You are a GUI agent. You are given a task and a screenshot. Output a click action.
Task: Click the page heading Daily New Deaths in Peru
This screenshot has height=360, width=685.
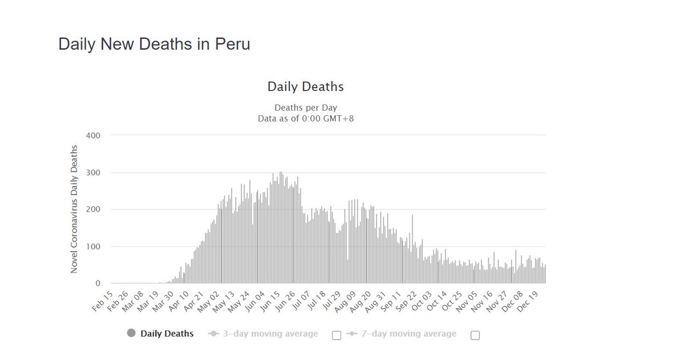coord(154,45)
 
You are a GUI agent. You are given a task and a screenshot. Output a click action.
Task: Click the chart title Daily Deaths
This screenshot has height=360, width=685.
coord(305,87)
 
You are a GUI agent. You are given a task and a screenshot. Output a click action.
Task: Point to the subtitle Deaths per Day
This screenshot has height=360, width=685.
coord(305,107)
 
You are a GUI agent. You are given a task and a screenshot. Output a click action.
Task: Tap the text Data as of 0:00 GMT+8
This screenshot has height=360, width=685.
coord(305,118)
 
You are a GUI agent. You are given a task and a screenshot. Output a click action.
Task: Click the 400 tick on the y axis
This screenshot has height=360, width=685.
coord(93,136)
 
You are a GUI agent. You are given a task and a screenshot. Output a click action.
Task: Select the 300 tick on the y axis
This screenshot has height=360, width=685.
coord(93,173)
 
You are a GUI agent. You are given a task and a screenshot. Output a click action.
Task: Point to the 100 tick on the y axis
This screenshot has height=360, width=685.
coord(93,246)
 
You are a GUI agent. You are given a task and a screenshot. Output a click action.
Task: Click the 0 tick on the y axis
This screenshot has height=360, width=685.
coord(97,284)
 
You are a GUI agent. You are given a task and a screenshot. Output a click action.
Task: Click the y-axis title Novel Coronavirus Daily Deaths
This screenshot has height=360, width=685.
coord(74,209)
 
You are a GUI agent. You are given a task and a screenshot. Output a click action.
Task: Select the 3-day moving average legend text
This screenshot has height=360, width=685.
coord(270,334)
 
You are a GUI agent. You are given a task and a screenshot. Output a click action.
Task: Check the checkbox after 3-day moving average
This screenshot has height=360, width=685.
coord(336,335)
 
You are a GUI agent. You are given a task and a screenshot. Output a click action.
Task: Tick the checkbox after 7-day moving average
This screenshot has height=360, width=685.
coord(475,335)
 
